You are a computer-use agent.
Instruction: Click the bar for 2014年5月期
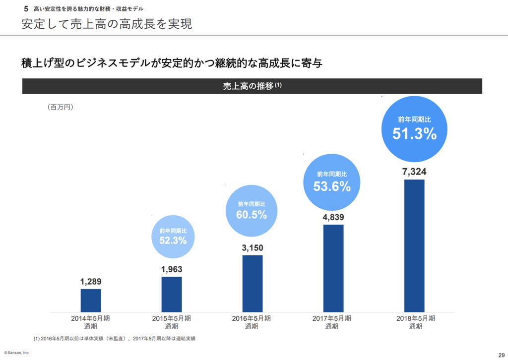click(x=91, y=300)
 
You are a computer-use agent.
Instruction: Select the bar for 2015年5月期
click(x=172, y=294)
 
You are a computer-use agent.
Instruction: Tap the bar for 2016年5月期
click(x=253, y=284)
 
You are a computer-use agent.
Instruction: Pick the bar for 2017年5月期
click(x=333, y=268)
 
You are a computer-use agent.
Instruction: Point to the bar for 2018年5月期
click(x=414, y=245)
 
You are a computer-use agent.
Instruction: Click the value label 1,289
click(x=91, y=282)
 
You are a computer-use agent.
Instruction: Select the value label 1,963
click(x=172, y=269)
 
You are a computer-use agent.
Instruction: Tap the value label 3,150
click(x=253, y=248)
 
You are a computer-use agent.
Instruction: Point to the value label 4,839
click(x=333, y=217)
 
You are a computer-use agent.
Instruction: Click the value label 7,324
click(x=414, y=172)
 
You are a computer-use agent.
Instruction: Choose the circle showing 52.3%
click(x=173, y=237)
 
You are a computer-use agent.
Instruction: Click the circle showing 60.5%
click(x=252, y=210)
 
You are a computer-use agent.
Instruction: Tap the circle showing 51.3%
click(x=414, y=128)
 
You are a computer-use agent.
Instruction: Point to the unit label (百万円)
click(x=61, y=107)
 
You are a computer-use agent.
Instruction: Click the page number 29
click(x=500, y=352)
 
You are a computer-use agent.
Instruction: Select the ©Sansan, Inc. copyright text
click(x=17, y=352)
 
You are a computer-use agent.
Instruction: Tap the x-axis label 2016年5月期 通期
click(x=252, y=322)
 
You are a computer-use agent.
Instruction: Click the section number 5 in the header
click(x=26, y=9)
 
